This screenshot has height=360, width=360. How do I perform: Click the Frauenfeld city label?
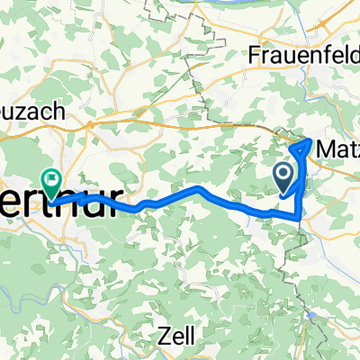tap(297, 56)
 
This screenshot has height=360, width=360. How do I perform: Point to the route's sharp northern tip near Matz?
tap(310, 139)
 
